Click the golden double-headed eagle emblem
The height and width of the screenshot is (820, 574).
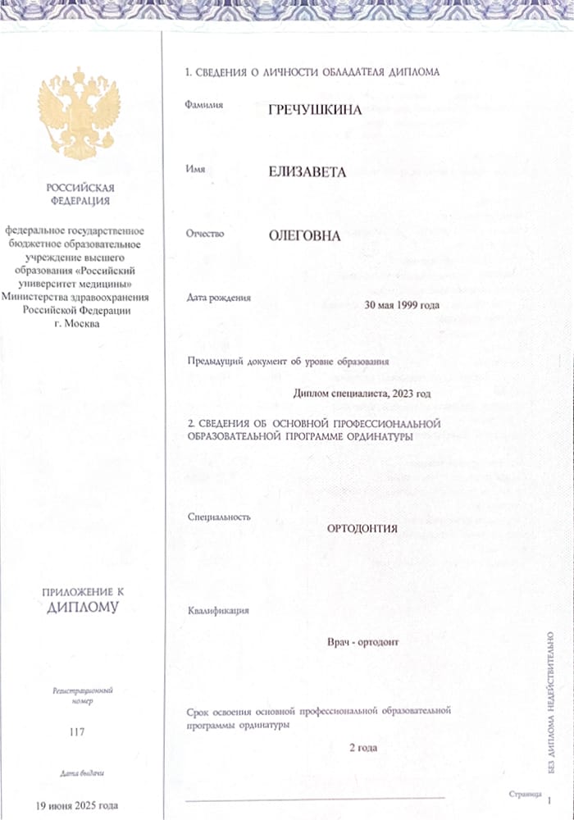tap(79, 114)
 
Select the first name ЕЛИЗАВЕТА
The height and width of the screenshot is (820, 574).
tap(307, 172)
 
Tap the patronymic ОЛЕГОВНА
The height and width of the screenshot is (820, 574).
tap(304, 235)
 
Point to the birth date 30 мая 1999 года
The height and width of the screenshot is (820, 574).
tap(402, 305)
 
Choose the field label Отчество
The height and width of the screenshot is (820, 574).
tap(206, 234)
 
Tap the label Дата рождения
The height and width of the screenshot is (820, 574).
tap(219, 297)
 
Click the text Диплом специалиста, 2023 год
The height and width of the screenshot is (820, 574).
tap(362, 394)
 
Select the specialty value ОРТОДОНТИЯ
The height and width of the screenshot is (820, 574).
tap(362, 529)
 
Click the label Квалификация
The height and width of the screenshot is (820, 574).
tap(218, 611)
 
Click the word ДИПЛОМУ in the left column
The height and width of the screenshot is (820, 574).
tap(82, 608)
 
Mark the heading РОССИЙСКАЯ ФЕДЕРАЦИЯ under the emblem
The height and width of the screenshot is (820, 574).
tap(80, 194)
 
